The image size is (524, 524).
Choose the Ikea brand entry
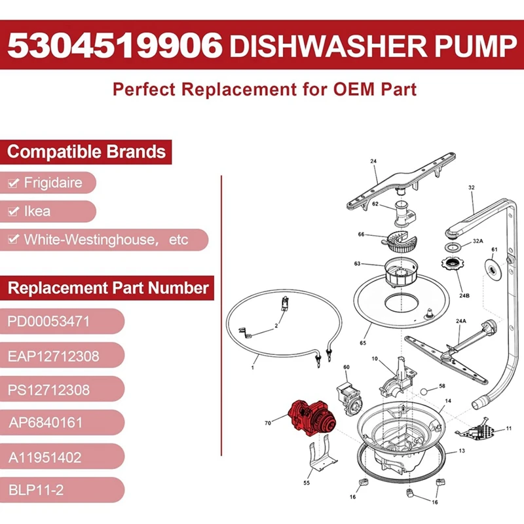[37, 212]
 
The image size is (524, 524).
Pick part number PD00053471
[48, 322]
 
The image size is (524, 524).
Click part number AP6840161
[46, 423]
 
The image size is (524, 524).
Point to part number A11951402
[45, 457]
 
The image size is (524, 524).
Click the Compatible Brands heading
[86, 152]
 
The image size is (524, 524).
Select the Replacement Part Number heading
[107, 288]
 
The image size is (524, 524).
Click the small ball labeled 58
[425, 391]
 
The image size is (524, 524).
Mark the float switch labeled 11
[482, 429]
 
